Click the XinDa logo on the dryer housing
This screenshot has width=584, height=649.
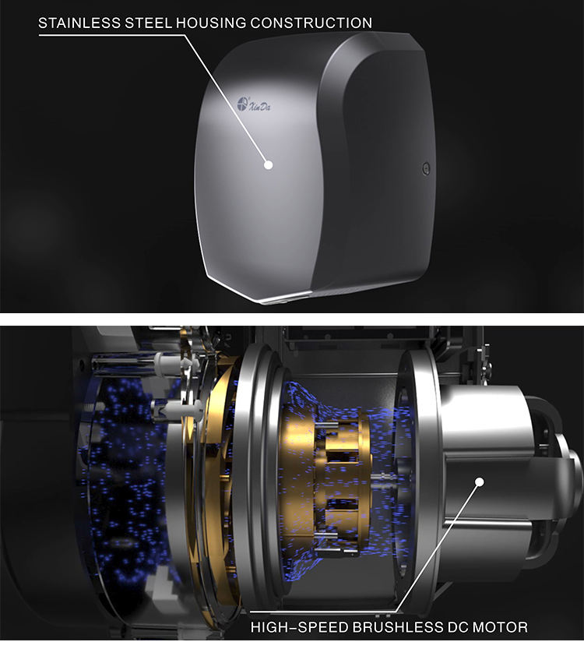pyautogui.click(x=254, y=104)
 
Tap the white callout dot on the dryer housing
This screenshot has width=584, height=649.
pyautogui.click(x=269, y=164)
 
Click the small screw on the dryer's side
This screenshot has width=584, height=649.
pyautogui.click(x=426, y=168)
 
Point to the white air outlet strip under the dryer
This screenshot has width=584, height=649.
pyautogui.click(x=286, y=297)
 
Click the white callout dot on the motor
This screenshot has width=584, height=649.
pyautogui.click(x=480, y=481)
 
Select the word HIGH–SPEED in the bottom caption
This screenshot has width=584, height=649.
pyautogui.click(x=300, y=627)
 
